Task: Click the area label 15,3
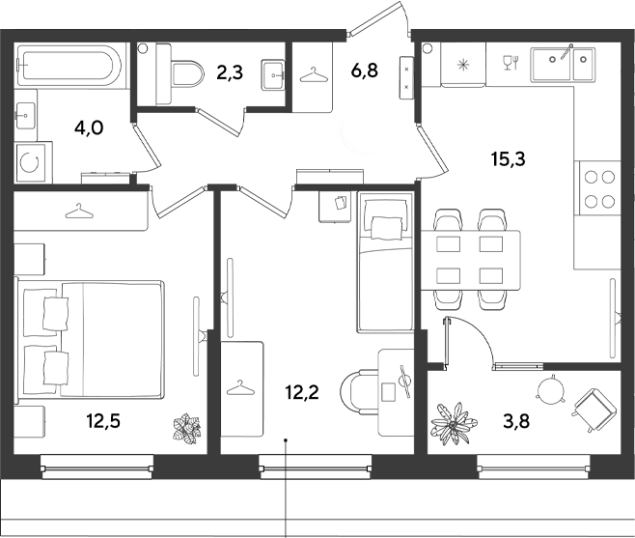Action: click(509, 158)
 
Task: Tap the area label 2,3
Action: click(230, 73)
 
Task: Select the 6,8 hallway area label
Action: click(365, 71)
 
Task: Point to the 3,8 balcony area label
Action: click(516, 421)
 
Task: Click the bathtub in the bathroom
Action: click(69, 63)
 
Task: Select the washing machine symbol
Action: click(34, 163)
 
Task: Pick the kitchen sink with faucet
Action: click(564, 63)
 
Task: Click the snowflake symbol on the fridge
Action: click(462, 64)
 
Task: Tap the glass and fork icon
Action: click(511, 63)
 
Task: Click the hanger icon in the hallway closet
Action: click(313, 75)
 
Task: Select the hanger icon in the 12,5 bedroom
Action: click(79, 211)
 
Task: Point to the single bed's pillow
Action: click(387, 227)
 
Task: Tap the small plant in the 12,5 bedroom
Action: click(187, 428)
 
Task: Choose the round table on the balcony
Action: click(550, 390)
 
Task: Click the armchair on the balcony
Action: click(593, 409)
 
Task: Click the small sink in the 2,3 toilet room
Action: click(273, 75)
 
